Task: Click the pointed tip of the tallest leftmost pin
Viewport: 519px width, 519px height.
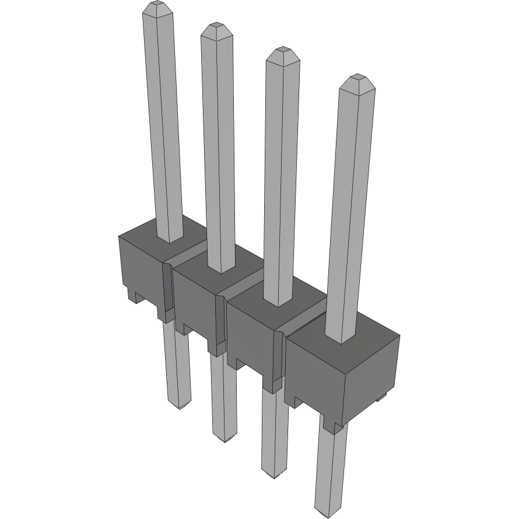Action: pyautogui.click(x=157, y=7)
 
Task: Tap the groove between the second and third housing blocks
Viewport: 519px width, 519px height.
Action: pyautogui.click(x=220, y=321)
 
